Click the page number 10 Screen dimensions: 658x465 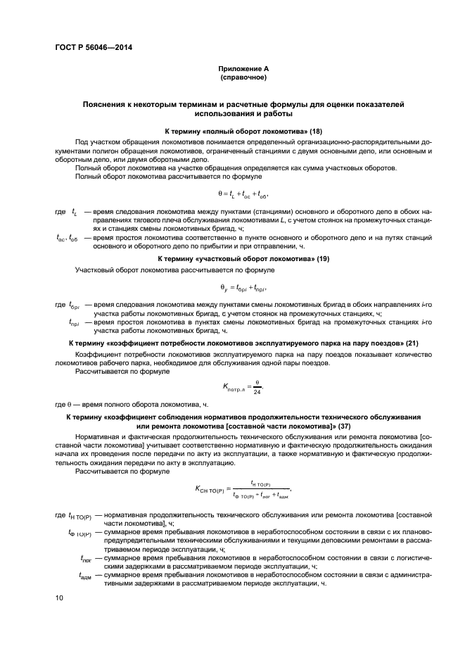pos(59,597)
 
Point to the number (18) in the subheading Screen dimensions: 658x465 pos(316,132)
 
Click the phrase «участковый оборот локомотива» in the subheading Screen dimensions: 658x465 pos(254,259)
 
